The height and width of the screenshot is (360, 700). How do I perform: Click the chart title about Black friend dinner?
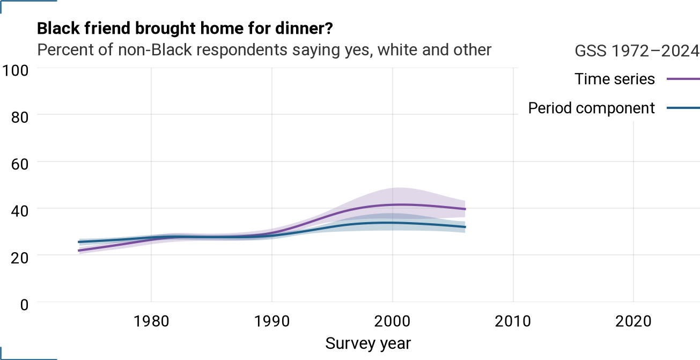tap(185, 29)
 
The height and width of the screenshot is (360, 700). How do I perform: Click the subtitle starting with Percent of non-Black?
tap(264, 50)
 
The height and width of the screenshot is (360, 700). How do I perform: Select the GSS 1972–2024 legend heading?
tap(637, 50)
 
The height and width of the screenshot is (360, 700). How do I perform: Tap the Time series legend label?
tap(615, 79)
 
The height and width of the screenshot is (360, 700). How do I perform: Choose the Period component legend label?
tap(592, 108)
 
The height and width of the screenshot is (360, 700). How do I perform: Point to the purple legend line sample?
tap(683, 79)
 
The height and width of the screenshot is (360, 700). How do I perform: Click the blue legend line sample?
tap(683, 108)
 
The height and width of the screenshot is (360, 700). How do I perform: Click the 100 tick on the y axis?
tap(15, 70)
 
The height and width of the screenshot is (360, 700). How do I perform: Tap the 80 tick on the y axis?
tap(20, 117)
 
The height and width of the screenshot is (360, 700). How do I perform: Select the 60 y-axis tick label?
tap(20, 164)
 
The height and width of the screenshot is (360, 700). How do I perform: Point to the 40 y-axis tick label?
tap(20, 211)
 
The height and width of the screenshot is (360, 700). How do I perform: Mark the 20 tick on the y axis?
tap(20, 258)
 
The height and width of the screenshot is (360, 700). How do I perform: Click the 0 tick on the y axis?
tap(24, 305)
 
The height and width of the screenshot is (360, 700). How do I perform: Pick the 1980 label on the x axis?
tap(151, 321)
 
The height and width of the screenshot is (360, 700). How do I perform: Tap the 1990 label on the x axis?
tap(272, 321)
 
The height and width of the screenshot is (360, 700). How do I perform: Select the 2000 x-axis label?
tap(393, 321)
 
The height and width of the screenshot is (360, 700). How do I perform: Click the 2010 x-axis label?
tap(513, 321)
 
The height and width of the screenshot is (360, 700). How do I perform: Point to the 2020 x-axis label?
tap(633, 321)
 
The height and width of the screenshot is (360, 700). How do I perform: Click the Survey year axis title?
tap(368, 344)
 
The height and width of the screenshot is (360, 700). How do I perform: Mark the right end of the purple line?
tap(465, 209)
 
